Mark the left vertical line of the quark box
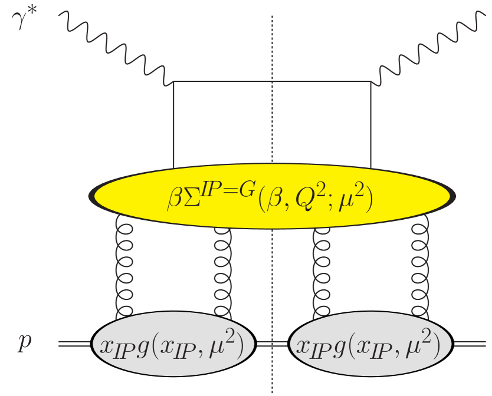pyautogui.click(x=173, y=124)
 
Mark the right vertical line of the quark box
pyautogui.click(x=370, y=124)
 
